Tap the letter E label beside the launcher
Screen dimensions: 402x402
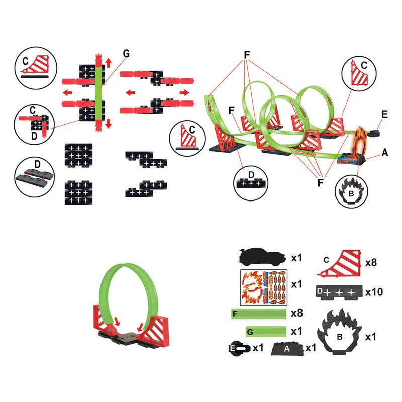[384, 114]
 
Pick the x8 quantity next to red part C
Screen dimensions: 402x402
[371, 262]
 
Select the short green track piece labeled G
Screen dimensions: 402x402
[266, 331]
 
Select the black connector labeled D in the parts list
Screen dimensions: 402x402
[339, 292]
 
